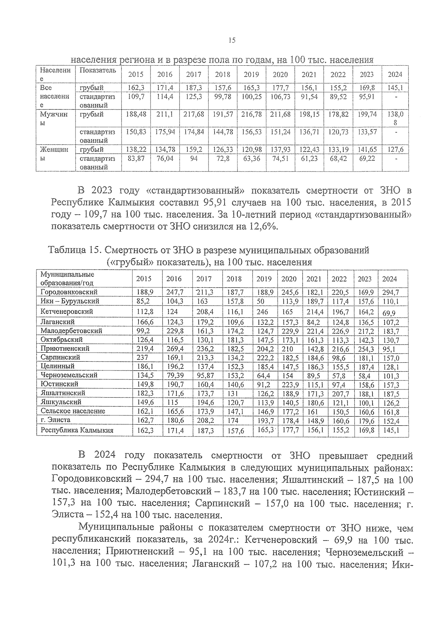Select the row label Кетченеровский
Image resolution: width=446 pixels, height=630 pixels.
[67, 311]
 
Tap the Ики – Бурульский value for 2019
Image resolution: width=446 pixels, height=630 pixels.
[261, 301]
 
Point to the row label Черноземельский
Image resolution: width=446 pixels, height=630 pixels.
[69, 375]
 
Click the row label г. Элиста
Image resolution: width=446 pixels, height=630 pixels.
[55, 420]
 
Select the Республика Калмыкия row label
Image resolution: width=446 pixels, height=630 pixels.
[77, 430]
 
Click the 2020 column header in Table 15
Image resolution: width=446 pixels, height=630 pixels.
[289, 279]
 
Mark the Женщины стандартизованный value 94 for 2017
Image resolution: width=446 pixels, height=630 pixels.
[194, 159]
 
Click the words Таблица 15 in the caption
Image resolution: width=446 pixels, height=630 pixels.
[72, 250]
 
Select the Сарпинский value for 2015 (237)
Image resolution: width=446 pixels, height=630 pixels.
[142, 357]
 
